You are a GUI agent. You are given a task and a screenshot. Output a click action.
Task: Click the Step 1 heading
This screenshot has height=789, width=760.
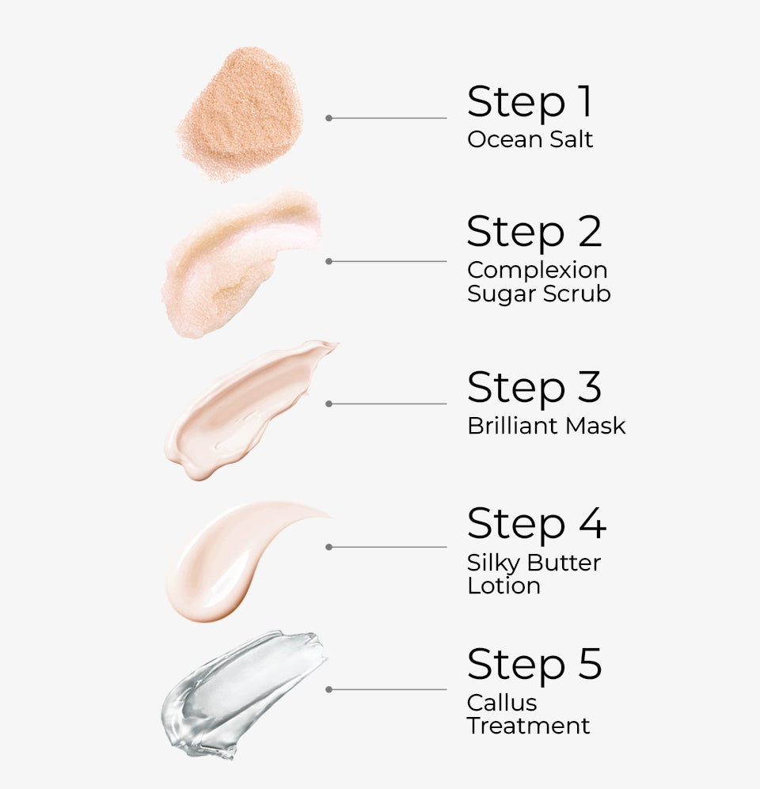tap(530, 102)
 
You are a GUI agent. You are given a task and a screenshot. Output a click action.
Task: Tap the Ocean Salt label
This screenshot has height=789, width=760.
tap(530, 140)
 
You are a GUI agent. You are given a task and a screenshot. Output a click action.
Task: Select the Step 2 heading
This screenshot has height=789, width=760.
tap(534, 233)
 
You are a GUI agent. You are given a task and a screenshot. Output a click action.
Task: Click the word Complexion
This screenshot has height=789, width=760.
tap(537, 271)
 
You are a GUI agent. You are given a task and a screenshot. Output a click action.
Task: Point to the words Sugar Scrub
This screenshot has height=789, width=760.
tap(538, 294)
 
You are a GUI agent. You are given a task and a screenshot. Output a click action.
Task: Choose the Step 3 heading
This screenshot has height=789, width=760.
tap(534, 388)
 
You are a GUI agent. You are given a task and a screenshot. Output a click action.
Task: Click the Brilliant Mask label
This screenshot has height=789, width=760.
tap(546, 426)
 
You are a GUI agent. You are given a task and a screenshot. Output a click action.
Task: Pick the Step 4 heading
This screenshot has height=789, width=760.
tap(536, 524)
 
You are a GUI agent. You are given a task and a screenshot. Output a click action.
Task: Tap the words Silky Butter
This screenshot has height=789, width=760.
tap(534, 563)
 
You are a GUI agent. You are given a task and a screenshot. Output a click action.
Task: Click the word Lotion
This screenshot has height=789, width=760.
tap(503, 586)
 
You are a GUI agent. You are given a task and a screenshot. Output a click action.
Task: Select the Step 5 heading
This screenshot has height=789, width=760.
tap(534, 665)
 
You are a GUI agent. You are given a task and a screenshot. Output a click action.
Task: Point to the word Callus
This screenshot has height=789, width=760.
tap(502, 703)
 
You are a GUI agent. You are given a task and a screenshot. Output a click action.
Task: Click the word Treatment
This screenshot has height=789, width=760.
tap(528, 726)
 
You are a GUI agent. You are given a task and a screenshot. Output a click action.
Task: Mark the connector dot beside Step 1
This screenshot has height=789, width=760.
tap(329, 118)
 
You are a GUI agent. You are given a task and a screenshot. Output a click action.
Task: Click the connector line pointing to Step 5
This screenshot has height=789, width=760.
tap(388, 689)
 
